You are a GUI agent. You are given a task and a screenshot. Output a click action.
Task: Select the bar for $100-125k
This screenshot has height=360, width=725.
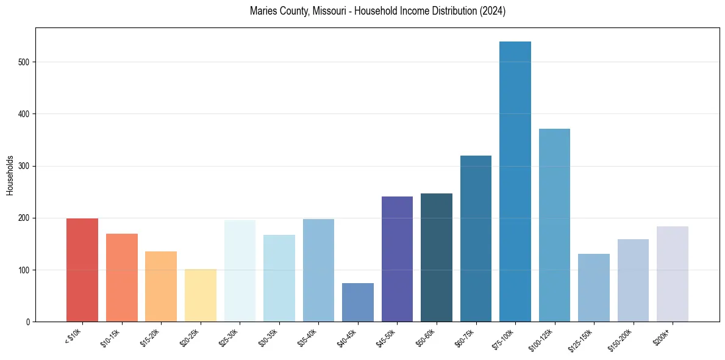pos(554,225)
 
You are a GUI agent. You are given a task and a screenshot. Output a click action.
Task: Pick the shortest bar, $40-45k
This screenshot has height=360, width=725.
pos(358,303)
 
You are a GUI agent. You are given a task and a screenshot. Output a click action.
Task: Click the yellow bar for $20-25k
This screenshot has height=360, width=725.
pos(201,295)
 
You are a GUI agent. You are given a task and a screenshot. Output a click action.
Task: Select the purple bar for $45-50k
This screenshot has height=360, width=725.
pos(397,259)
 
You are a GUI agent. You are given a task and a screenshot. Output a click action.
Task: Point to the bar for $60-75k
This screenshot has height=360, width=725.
pos(476,239)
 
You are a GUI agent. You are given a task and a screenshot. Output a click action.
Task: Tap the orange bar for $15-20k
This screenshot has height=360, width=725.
pos(161,287)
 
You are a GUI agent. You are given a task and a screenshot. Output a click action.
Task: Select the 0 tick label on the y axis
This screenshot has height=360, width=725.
pos(29,322)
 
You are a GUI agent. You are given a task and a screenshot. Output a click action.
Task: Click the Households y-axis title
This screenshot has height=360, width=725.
pos(10,175)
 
